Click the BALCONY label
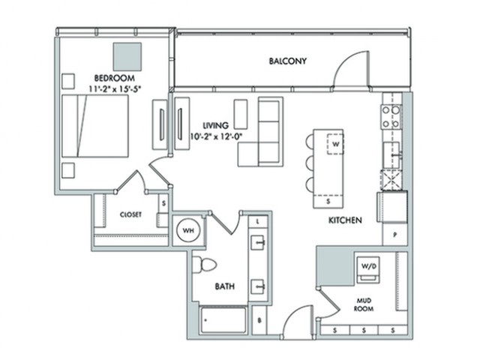pos(287,61)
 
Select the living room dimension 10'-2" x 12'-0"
pos(216,136)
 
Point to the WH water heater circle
pos(188,230)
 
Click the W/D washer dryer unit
pos(368,269)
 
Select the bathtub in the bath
pos(223,320)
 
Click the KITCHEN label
pos(345,220)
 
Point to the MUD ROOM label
pos(364,304)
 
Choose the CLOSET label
pos(130,214)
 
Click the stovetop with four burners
pos(391,117)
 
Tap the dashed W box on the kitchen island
pos(335,143)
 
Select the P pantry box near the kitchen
pos(395,235)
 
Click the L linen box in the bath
pos(258,221)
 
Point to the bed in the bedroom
pos(95,126)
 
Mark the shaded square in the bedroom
pos(127,57)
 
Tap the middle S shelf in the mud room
pos(364,330)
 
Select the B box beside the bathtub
pos(259,320)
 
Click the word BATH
pos(225,286)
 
